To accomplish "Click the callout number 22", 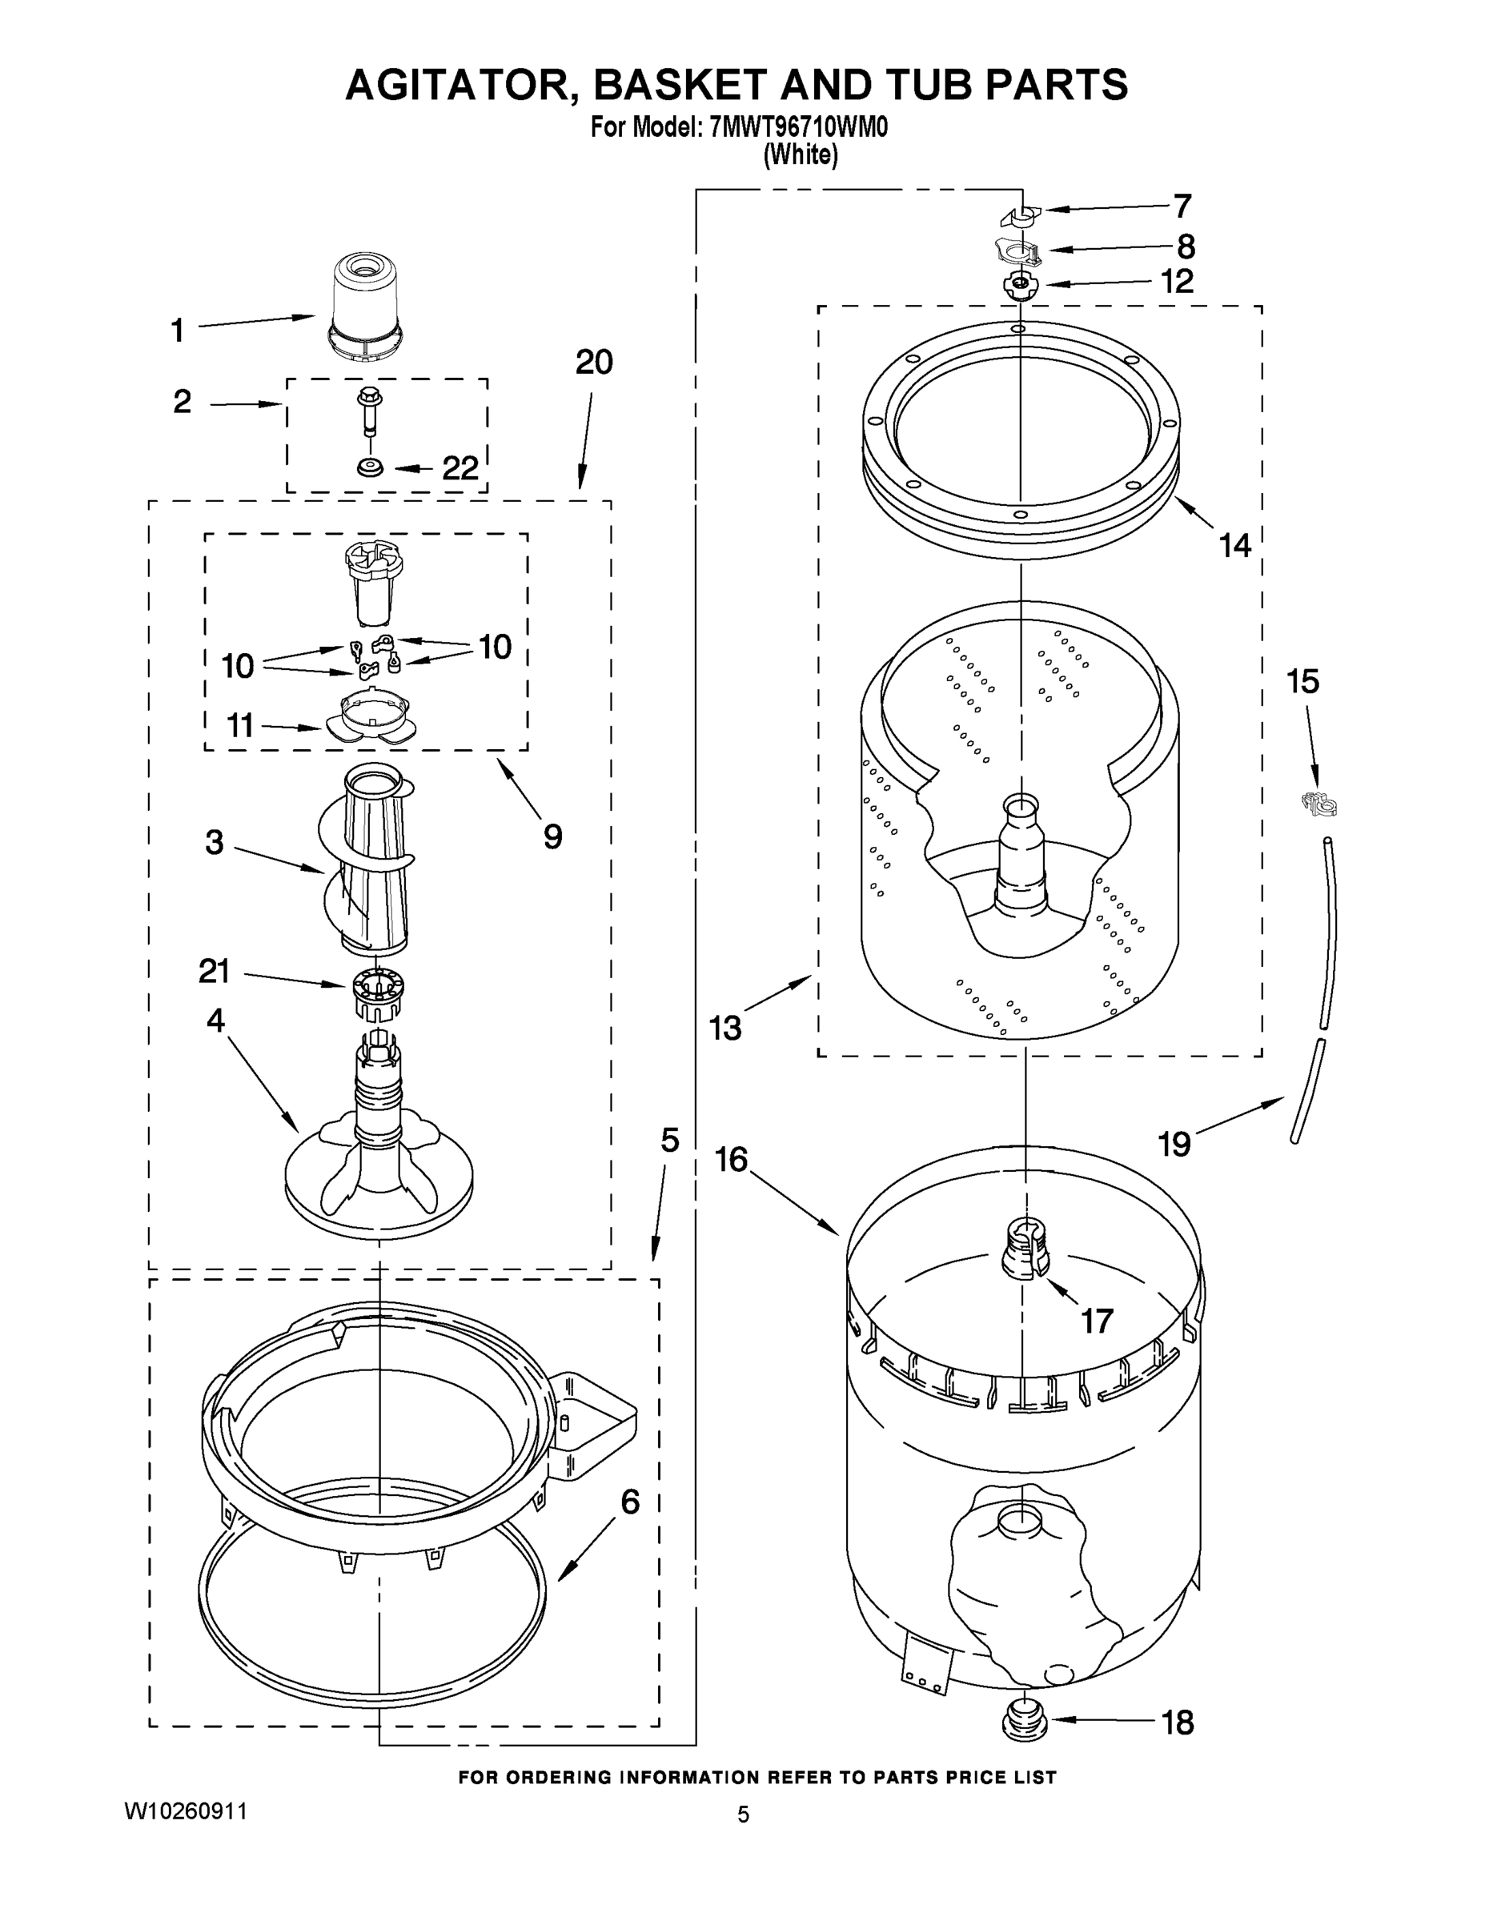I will [x=460, y=468].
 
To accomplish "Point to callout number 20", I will [x=594, y=362].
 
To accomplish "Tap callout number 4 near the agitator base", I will [x=215, y=1021].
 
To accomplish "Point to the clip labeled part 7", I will [x=1021, y=215].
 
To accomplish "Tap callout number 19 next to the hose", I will [x=1174, y=1144].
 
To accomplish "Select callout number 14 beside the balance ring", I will [x=1235, y=545].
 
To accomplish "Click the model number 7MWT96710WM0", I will [x=797, y=127].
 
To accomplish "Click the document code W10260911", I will [x=185, y=1811].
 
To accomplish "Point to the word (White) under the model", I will [x=800, y=156].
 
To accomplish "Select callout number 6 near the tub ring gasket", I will [x=630, y=1502].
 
